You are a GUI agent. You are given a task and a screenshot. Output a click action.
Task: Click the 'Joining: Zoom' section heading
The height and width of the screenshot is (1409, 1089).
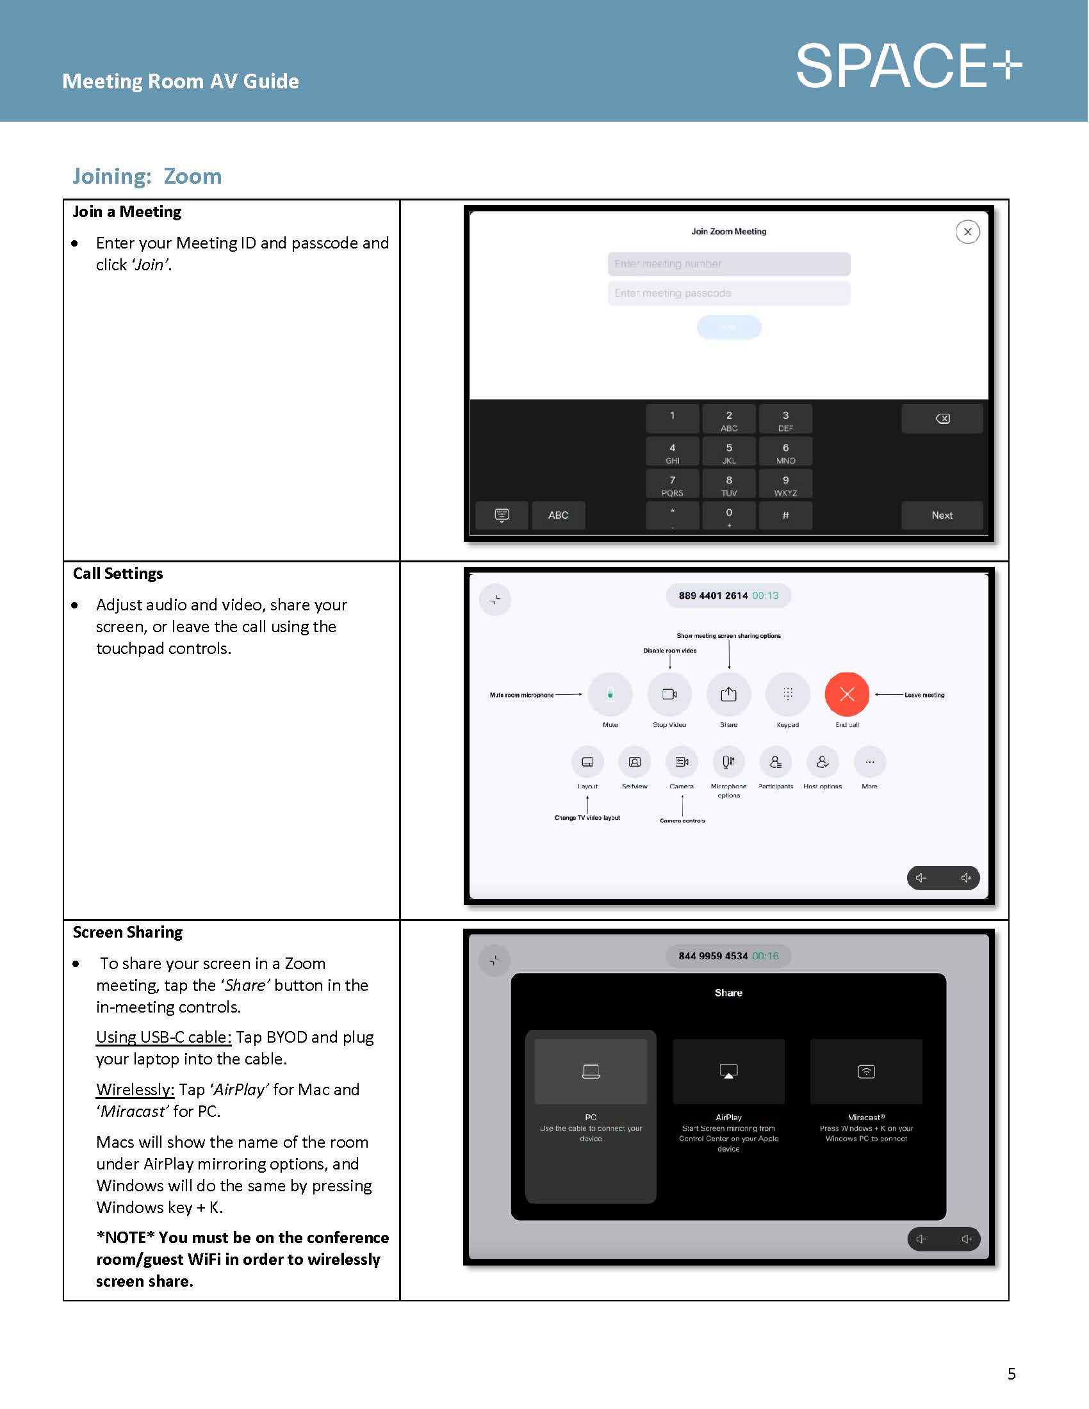(x=147, y=176)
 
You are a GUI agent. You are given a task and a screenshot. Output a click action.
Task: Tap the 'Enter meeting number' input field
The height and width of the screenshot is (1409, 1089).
(x=728, y=264)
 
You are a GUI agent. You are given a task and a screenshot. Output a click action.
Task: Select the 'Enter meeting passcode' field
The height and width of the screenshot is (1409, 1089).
(x=728, y=293)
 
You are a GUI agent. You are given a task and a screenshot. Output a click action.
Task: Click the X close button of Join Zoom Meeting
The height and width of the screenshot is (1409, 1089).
(x=967, y=232)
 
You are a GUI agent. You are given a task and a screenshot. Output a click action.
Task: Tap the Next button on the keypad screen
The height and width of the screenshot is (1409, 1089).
(x=941, y=515)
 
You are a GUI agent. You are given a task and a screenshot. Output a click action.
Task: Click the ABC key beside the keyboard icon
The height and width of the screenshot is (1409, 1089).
(x=558, y=515)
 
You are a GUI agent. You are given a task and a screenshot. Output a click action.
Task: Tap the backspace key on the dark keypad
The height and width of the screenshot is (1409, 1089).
(x=941, y=419)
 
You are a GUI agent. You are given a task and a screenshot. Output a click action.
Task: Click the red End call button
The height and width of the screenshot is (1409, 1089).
(x=846, y=694)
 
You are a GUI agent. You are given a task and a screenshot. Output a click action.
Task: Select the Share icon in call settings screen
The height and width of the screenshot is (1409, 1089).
(x=728, y=694)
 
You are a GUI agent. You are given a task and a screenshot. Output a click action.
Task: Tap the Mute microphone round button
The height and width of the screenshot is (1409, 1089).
(x=610, y=694)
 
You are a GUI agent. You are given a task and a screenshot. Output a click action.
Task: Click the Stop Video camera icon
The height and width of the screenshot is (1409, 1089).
(x=669, y=694)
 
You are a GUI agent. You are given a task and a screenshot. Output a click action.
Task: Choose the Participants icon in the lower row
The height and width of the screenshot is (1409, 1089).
(x=776, y=762)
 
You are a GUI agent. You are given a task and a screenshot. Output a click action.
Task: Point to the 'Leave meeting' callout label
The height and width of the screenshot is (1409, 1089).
(x=924, y=695)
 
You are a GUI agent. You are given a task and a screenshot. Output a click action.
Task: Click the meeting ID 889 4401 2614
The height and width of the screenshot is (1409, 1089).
(x=712, y=596)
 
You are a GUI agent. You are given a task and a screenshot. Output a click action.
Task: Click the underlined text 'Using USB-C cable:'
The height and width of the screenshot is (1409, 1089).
(x=163, y=1037)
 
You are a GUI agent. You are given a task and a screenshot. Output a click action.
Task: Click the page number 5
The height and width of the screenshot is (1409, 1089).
(x=1011, y=1374)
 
